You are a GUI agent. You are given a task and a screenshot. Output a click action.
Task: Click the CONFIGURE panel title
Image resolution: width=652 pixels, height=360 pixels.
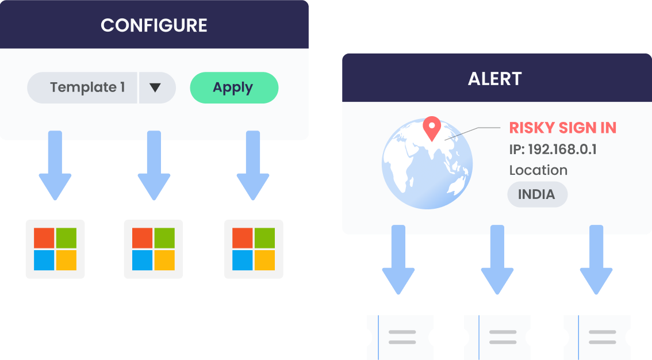(154, 25)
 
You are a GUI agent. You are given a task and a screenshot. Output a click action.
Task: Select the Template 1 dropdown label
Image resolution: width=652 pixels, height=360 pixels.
(87, 87)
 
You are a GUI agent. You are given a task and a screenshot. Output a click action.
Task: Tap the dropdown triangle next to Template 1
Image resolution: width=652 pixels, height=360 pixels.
(155, 88)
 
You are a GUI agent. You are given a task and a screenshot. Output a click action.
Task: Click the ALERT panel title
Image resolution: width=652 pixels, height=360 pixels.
(494, 78)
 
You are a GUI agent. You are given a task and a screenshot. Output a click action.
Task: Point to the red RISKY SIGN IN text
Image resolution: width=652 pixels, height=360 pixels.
(562, 128)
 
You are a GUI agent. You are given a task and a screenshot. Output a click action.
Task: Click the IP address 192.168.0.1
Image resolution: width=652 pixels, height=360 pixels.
(553, 150)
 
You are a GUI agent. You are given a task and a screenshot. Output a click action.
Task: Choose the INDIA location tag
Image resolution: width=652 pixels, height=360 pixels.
(536, 194)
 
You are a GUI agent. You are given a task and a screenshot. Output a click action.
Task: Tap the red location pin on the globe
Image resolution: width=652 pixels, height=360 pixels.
(431, 127)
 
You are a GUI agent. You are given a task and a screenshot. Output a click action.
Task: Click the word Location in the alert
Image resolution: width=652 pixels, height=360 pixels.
(538, 170)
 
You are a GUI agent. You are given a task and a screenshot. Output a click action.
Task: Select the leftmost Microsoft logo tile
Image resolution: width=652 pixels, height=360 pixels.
(55, 249)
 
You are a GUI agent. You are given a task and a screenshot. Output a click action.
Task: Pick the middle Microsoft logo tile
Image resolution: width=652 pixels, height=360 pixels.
(154, 249)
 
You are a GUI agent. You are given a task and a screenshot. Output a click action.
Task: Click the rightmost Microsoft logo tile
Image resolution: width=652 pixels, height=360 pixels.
(254, 249)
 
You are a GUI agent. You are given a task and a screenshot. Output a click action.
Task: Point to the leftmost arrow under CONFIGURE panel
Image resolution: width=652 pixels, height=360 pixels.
(55, 165)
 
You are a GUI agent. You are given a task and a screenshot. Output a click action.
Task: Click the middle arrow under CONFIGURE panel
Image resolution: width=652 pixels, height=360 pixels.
(154, 165)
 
